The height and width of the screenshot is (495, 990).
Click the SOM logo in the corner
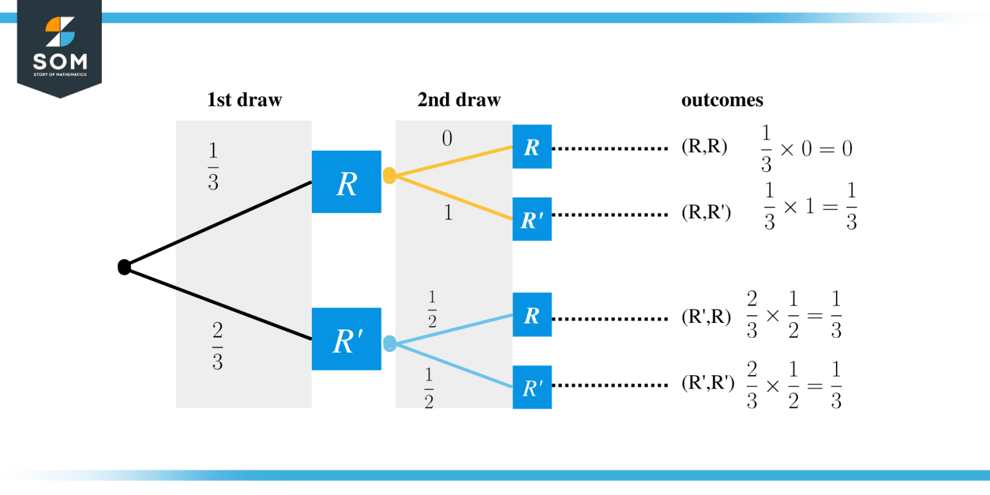59,48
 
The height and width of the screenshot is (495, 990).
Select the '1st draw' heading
244,100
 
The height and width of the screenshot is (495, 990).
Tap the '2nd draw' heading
458,100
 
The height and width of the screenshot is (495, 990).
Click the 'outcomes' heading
722,100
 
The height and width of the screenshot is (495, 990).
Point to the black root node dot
124,267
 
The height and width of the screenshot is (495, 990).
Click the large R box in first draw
346,182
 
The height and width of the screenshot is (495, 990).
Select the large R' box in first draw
346,339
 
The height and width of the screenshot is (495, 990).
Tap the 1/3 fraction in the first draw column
213,166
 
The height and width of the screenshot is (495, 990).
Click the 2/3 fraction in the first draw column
217,347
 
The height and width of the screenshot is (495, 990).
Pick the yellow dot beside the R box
389,176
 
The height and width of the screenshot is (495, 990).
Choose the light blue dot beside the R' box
389,344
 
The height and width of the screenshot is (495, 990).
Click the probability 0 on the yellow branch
447,139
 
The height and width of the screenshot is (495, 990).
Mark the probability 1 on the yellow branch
448,213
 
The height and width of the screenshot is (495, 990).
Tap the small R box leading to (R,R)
532,147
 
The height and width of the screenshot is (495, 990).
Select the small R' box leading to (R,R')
532,219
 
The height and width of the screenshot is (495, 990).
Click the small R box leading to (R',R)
532,315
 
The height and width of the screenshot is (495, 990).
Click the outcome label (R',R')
708,385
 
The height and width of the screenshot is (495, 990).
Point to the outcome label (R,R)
704,148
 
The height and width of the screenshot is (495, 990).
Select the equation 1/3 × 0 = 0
806,150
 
